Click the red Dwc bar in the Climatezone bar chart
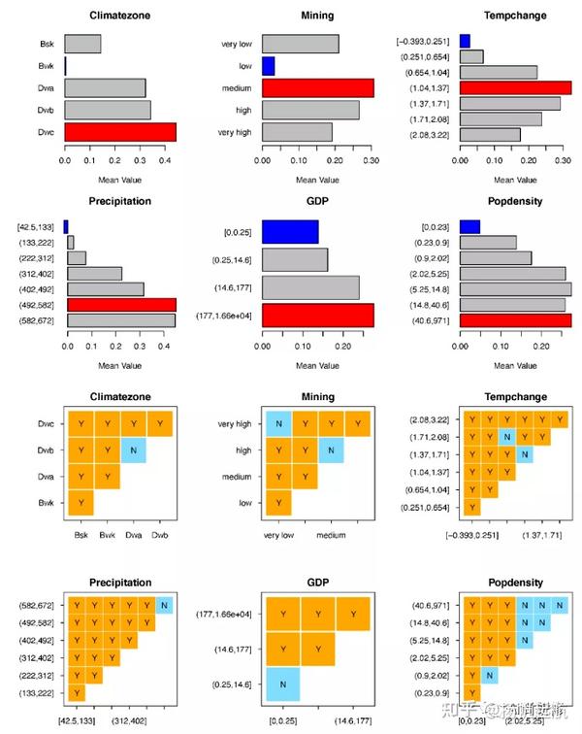[x=120, y=132]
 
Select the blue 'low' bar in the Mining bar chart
[x=269, y=66]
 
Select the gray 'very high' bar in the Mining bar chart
[x=297, y=132]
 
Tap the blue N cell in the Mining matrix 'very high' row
[x=277, y=424]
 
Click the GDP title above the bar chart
[x=318, y=201]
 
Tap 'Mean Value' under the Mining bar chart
[x=318, y=179]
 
